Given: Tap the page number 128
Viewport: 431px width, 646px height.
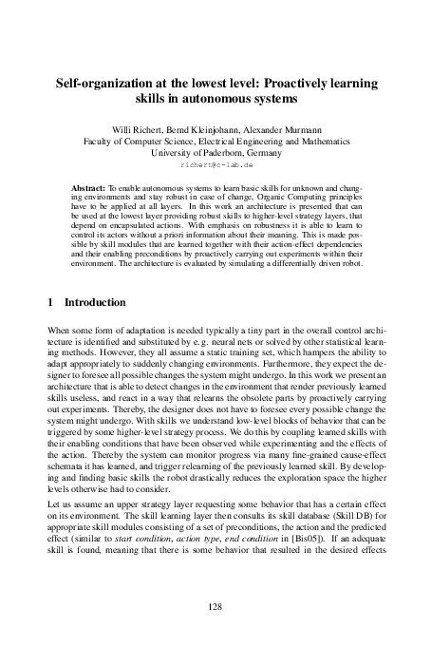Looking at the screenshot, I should tap(215, 604).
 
